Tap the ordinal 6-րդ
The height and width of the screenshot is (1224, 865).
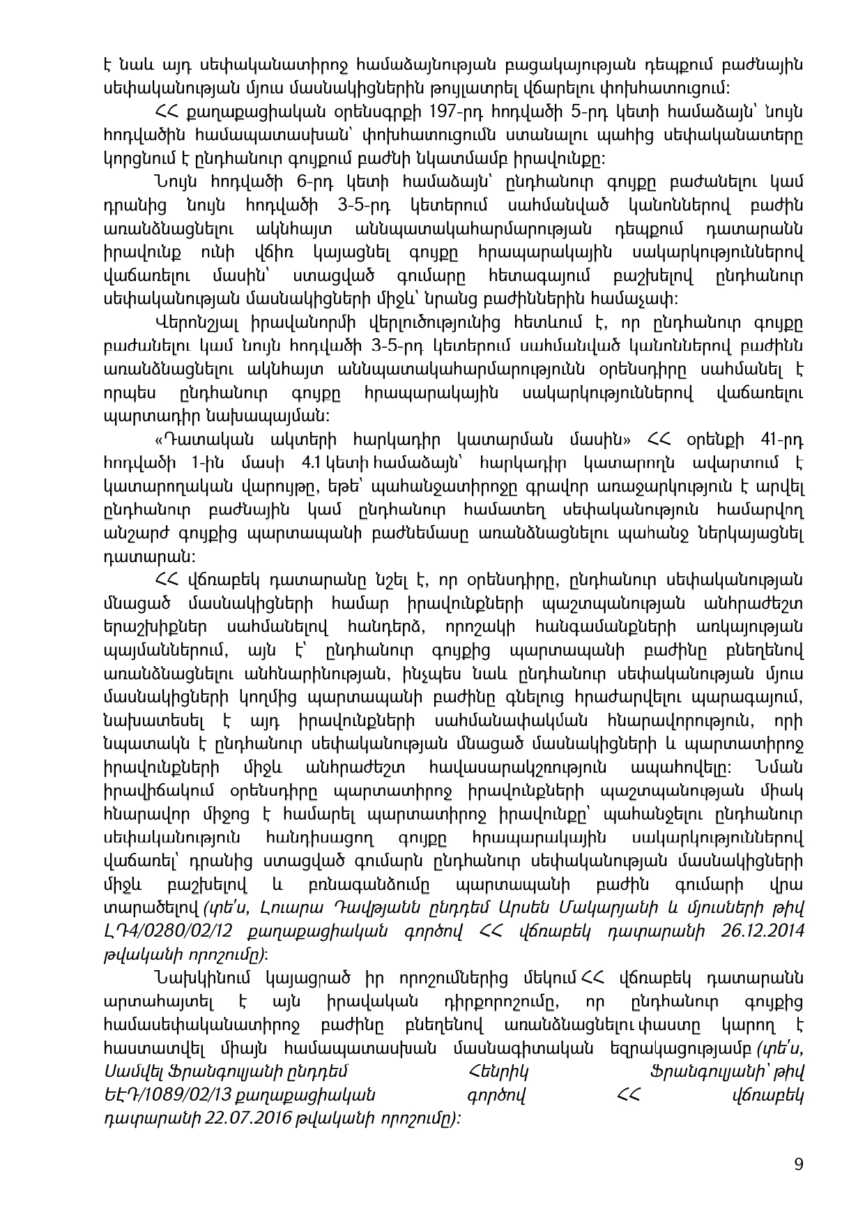(316, 182)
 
